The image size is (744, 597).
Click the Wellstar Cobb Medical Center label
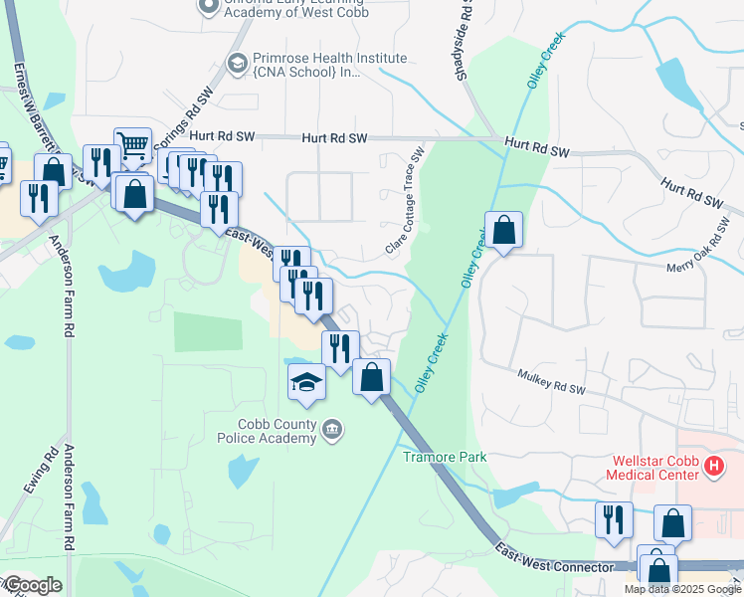coord(651,468)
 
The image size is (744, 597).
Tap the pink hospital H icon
coord(713,465)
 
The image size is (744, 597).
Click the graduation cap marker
coord(306,382)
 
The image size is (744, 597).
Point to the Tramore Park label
coord(445,457)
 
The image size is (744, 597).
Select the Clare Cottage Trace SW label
coord(406,200)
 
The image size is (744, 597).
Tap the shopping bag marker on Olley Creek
coord(504,231)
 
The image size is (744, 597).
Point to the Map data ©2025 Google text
coord(681,589)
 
